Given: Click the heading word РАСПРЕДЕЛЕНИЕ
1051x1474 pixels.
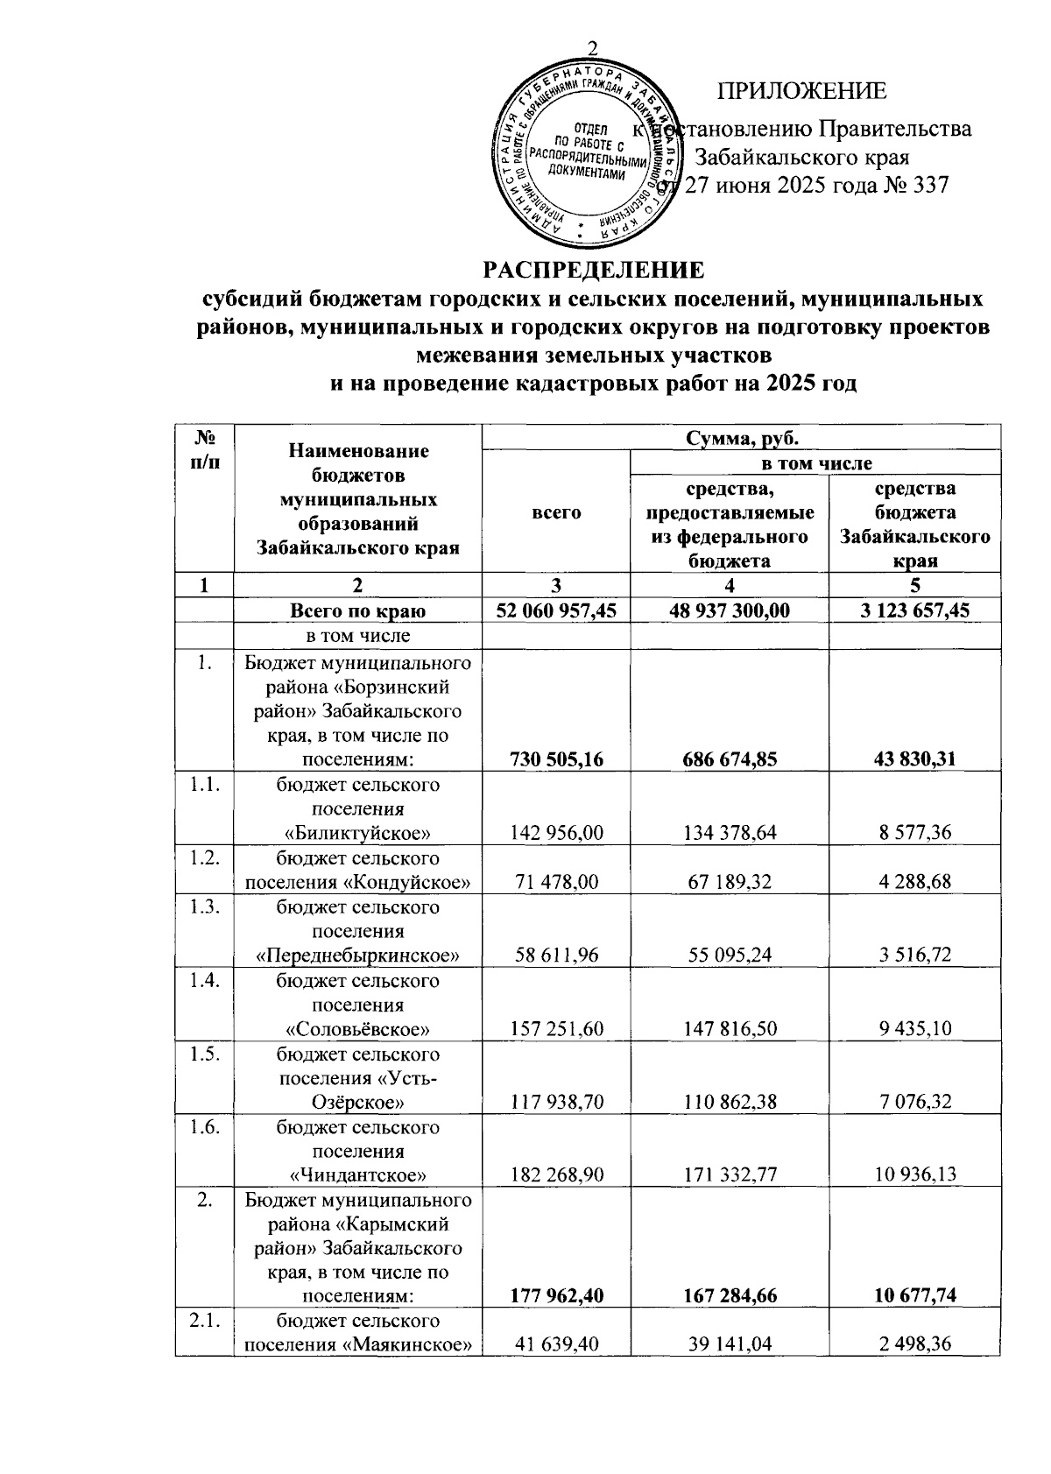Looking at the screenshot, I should click(595, 269).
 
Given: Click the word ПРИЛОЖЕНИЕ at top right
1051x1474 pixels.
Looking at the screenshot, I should click(801, 91).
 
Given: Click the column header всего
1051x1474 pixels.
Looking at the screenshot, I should click(556, 512).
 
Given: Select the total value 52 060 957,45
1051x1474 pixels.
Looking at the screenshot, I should click(556, 610).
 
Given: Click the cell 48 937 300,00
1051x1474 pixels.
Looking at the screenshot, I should click(730, 610).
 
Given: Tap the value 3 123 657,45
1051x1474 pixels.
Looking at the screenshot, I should click(914, 610).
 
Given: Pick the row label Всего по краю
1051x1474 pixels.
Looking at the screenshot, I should click(358, 610).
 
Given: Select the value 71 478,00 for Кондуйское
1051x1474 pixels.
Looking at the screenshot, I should click(556, 882).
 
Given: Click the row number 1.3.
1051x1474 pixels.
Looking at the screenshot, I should click(204, 907).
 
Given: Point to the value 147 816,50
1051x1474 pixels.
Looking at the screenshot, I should click(730, 1028).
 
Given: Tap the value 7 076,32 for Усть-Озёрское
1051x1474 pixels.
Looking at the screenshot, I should click(914, 1102).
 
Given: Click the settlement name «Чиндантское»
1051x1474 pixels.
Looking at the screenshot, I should click(358, 1174).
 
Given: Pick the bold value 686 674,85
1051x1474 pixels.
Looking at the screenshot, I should click(730, 759).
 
